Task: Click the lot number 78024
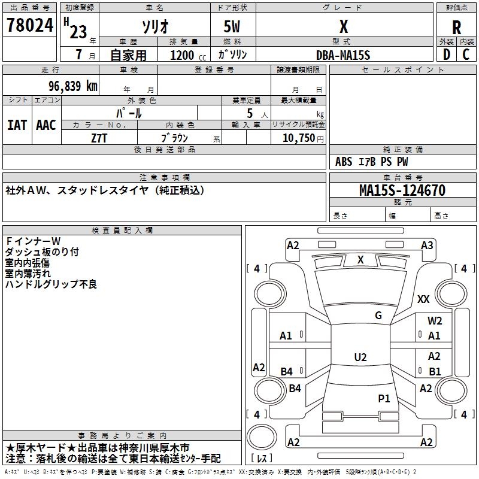[29, 26]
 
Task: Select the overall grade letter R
[457, 28]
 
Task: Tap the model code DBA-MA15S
[343, 55]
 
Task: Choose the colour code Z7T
[99, 138]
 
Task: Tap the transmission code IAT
[17, 125]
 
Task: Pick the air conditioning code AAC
[46, 125]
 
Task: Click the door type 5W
[233, 27]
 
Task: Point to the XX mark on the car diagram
[423, 299]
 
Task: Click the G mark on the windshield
[378, 316]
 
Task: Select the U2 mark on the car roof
[360, 357]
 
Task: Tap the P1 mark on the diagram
[384, 398]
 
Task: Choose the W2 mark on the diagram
[435, 321]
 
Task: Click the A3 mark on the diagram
[427, 245]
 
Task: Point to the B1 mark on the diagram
[435, 371]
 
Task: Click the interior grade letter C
[466, 54]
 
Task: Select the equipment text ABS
[344, 162]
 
